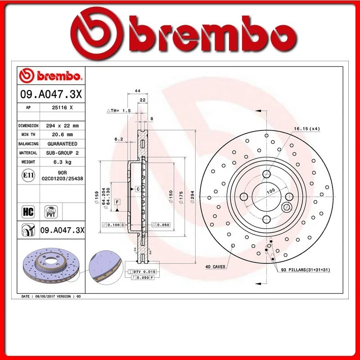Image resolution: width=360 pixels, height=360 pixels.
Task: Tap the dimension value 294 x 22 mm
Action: click(62, 126)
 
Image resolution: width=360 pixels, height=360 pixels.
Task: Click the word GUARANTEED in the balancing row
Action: click(62, 144)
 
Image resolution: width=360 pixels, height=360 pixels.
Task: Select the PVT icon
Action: click(50, 211)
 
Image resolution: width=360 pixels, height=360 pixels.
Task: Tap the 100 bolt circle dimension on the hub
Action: click(270, 191)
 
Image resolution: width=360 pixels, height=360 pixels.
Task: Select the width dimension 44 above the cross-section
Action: click(137, 90)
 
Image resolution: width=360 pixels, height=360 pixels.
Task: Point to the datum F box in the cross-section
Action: click(117, 202)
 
